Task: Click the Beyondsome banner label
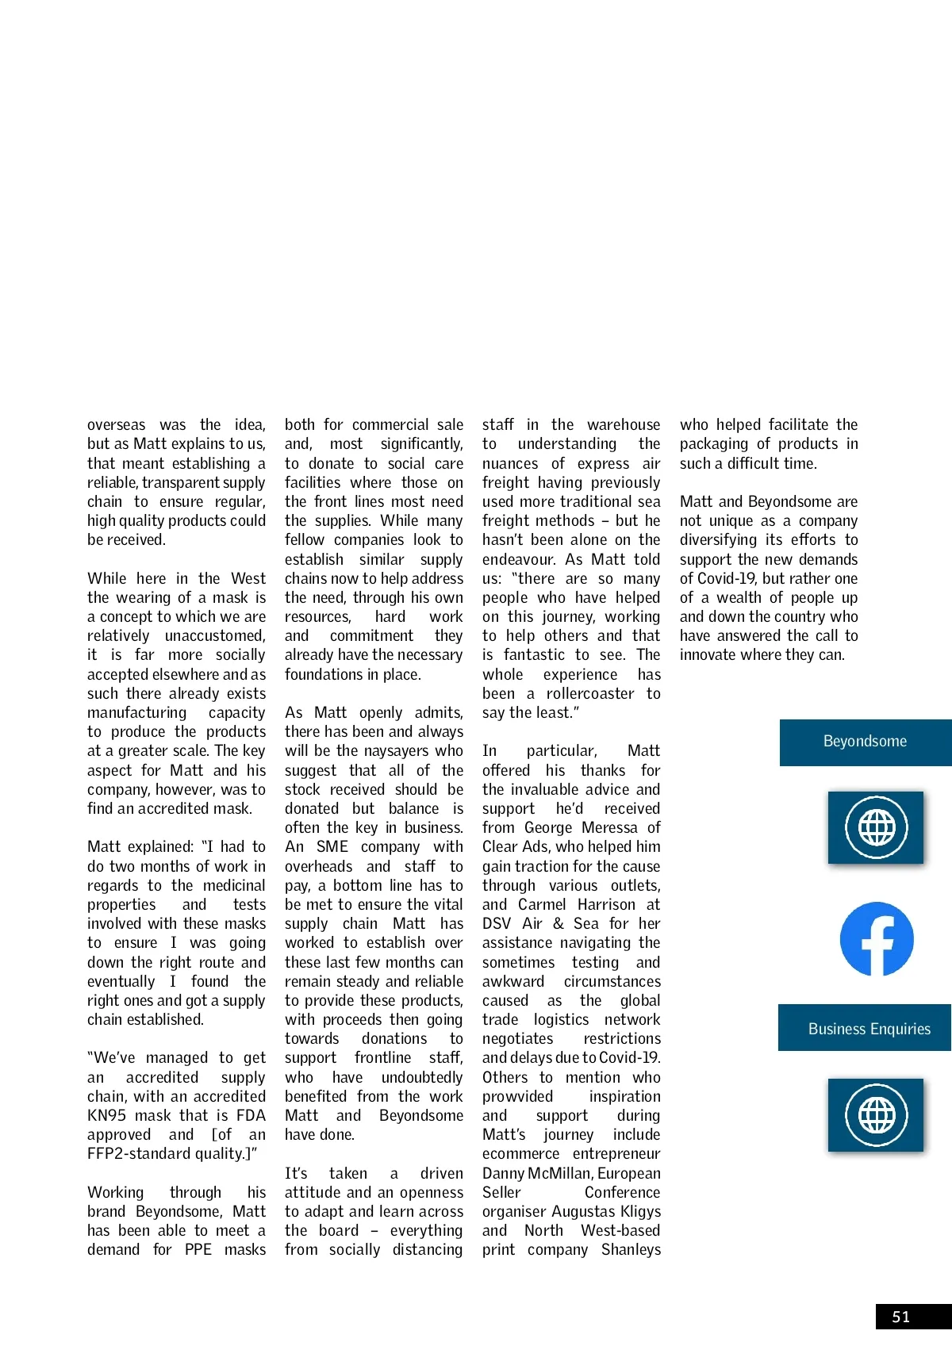tap(865, 742)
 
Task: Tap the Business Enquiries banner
tap(869, 1029)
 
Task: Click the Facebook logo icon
tap(877, 939)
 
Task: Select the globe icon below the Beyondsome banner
tap(876, 827)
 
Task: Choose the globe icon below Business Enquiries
tap(876, 1115)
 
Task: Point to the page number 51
tap(901, 1317)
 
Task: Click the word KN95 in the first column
tap(107, 1115)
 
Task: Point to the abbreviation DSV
tap(497, 923)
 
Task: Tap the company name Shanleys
tap(631, 1249)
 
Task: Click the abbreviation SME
tap(332, 846)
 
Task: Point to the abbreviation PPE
tap(198, 1249)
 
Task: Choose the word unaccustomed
tap(215, 635)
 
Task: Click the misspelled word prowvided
tap(517, 1096)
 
